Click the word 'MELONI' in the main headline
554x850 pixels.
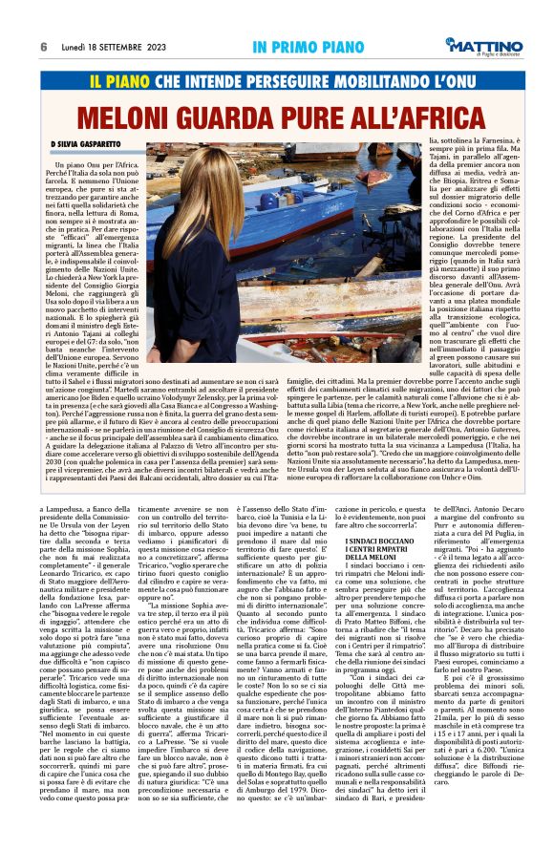129,117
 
